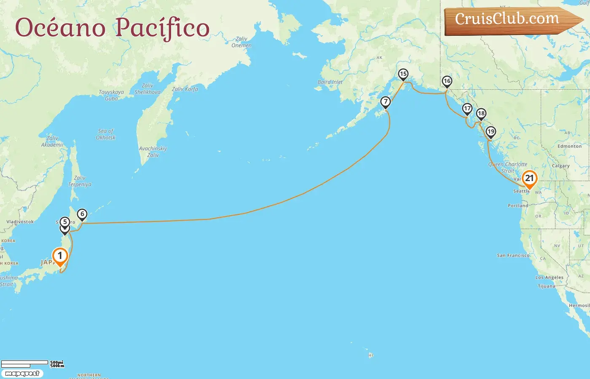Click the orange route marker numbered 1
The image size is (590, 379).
pos(60,256)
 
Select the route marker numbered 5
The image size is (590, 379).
pos(64,222)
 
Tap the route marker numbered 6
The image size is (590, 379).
pos(82,214)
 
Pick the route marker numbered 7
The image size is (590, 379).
pos(385,102)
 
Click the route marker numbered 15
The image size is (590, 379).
pos(403,75)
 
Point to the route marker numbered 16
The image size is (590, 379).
pos(447,81)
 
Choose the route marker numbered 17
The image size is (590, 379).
pos(467,109)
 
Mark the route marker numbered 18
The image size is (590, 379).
pos(481,114)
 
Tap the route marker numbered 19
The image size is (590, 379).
pos(491,132)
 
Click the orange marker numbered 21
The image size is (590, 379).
pos(529,179)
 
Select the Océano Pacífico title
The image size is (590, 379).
pos(113,28)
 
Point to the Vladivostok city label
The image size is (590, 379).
pos(20,222)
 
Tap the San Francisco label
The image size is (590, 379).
pos(513,256)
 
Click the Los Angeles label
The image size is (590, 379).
pos(549,278)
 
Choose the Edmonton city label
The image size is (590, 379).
pos(569,147)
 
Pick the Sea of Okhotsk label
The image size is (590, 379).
pos(105,134)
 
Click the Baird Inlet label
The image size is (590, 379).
pos(330,82)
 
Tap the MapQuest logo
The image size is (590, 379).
pos(22,374)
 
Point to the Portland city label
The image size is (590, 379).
pos(518,206)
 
